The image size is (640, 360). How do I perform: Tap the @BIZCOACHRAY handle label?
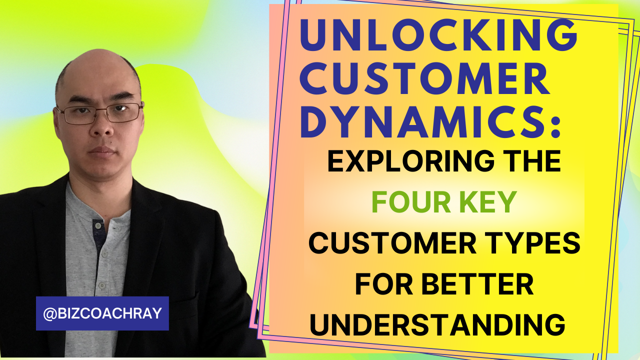[102, 313]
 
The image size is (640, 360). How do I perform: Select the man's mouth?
[101, 150]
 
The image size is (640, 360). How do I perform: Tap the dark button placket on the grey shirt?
[98, 235]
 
